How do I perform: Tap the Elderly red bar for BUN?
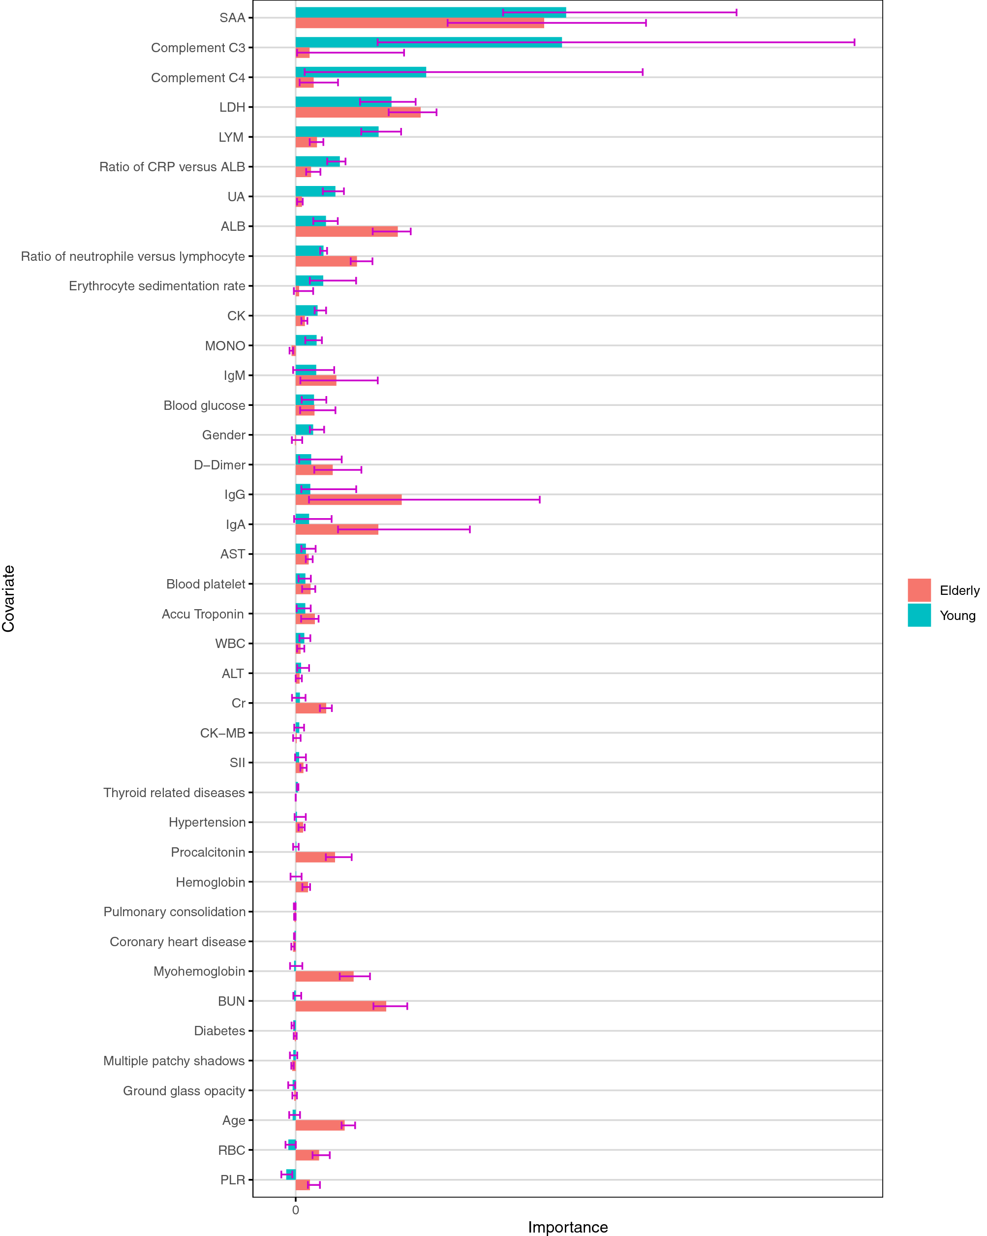point(340,1006)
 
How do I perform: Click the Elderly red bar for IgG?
point(348,499)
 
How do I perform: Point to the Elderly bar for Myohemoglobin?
point(324,976)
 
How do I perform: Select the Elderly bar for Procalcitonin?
point(315,857)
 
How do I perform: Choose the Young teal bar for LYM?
point(337,132)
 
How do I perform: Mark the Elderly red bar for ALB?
point(346,232)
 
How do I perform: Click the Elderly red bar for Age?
point(319,1125)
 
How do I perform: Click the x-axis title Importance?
point(567,1227)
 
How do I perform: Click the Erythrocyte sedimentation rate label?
point(156,286)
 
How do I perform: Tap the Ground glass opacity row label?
point(184,1090)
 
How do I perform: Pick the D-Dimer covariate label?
point(219,465)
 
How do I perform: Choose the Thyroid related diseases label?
point(174,792)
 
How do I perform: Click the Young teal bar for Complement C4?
point(361,72)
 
